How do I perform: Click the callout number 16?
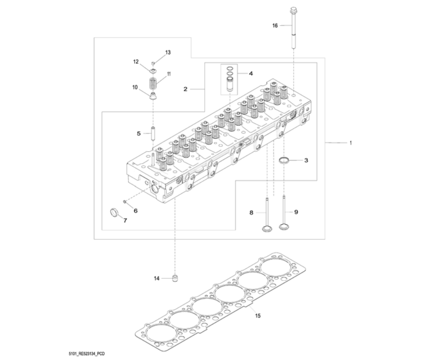[275, 26]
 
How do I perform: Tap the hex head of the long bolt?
[294, 10]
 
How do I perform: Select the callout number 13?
[168, 52]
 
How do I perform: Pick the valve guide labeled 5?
[153, 133]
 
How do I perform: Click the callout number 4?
[251, 73]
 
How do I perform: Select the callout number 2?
[186, 89]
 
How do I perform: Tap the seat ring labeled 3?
[285, 161]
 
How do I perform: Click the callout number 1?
[351, 142]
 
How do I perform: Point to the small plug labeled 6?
[125, 201]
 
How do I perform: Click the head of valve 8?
[266, 228]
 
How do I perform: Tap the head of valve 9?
[284, 227]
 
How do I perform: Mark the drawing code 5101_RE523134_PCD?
[86, 353]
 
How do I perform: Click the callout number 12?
[136, 62]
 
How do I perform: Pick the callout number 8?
[251, 212]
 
